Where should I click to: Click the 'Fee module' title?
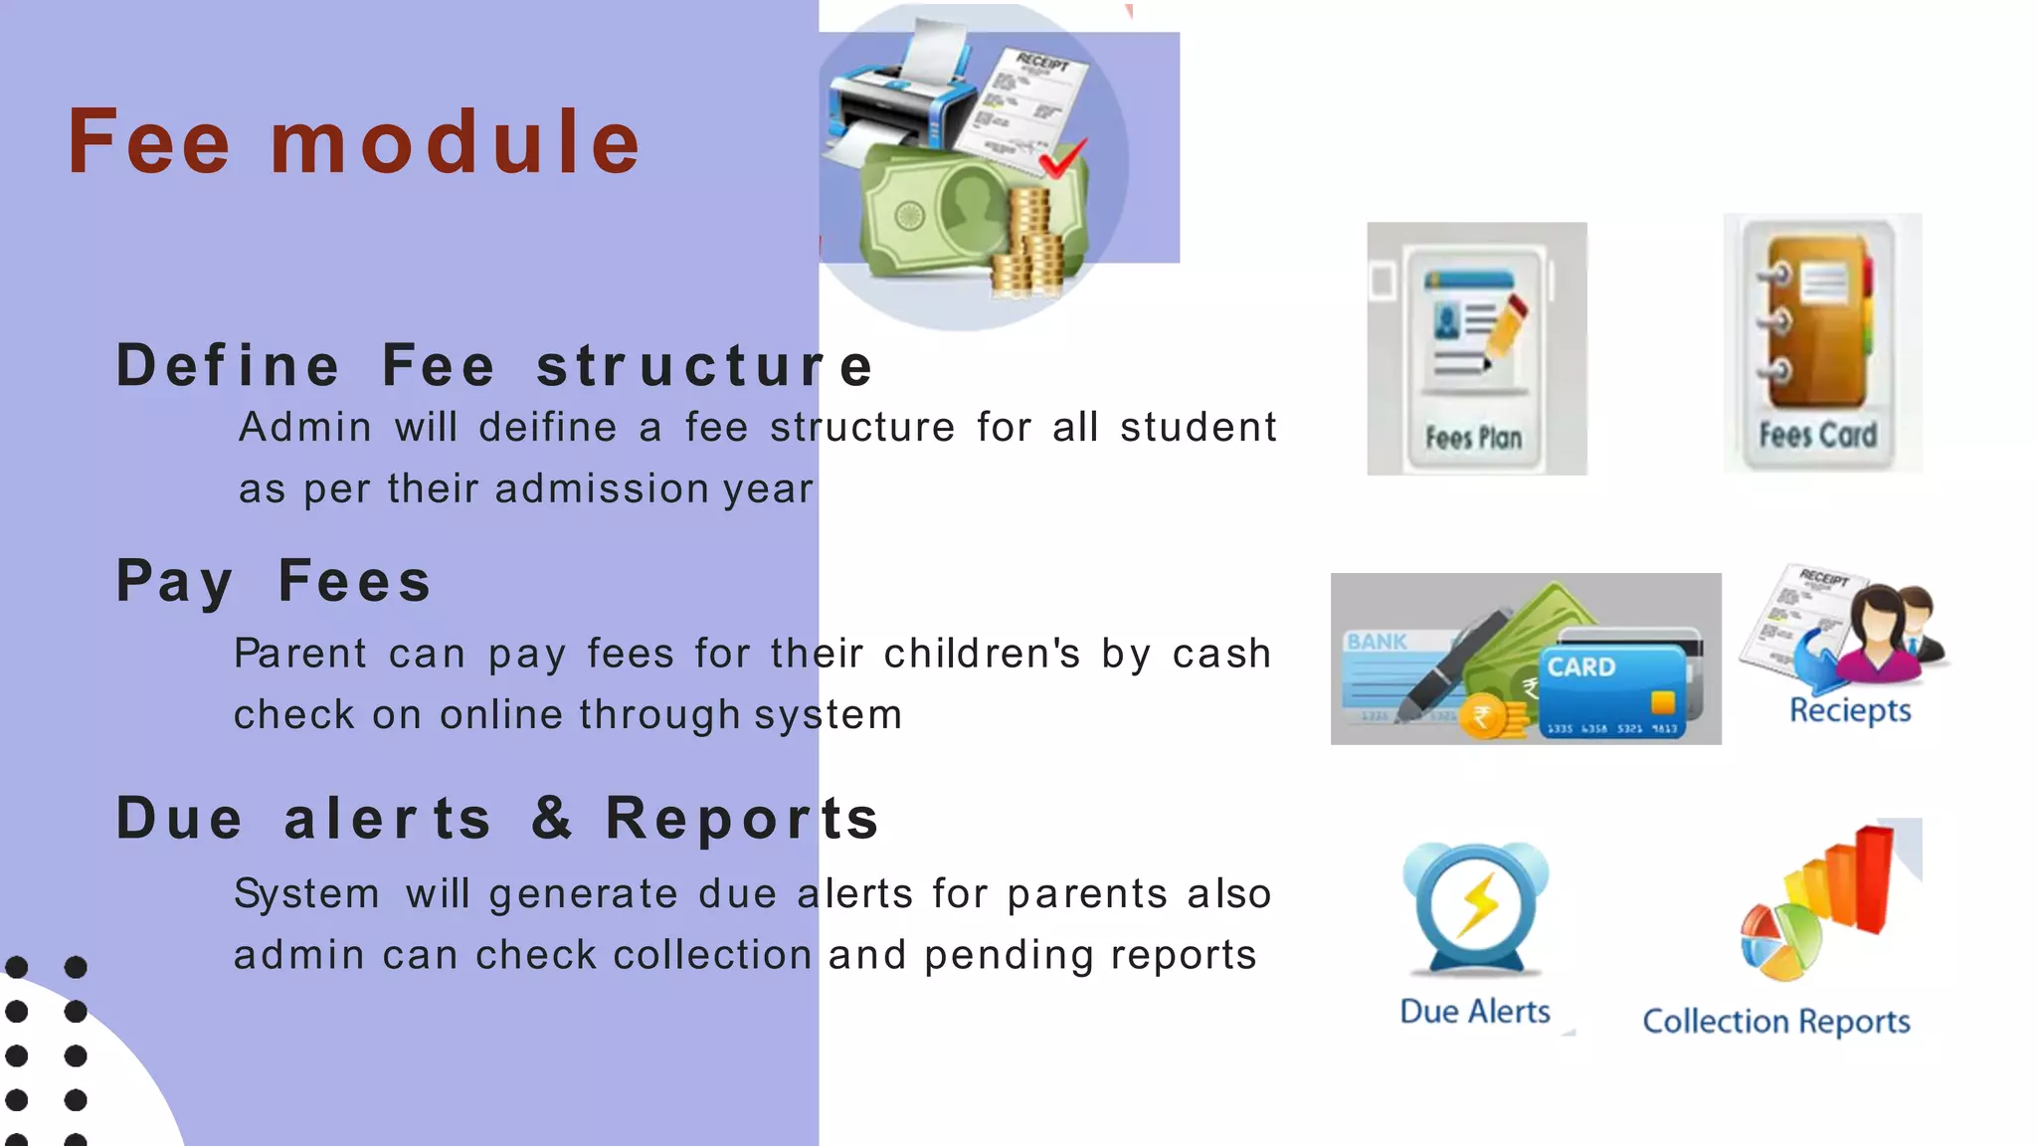[354, 142]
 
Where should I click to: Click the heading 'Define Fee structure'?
[494, 365]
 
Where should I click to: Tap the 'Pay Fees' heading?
[274, 581]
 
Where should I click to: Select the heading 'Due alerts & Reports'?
[497, 819]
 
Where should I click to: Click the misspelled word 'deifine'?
[548, 428]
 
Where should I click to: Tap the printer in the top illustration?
[900, 95]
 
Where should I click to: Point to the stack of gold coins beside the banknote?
[1030, 244]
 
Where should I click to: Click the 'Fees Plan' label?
[1473, 438]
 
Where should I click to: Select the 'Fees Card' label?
[1817, 435]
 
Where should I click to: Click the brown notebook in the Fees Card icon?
[1815, 323]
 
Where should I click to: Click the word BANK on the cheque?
[1377, 642]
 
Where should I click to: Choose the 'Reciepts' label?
[1850, 710]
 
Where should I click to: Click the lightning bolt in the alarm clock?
[1479, 904]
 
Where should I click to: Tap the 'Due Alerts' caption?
[1475, 1012]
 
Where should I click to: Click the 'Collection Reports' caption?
[1776, 1022]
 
